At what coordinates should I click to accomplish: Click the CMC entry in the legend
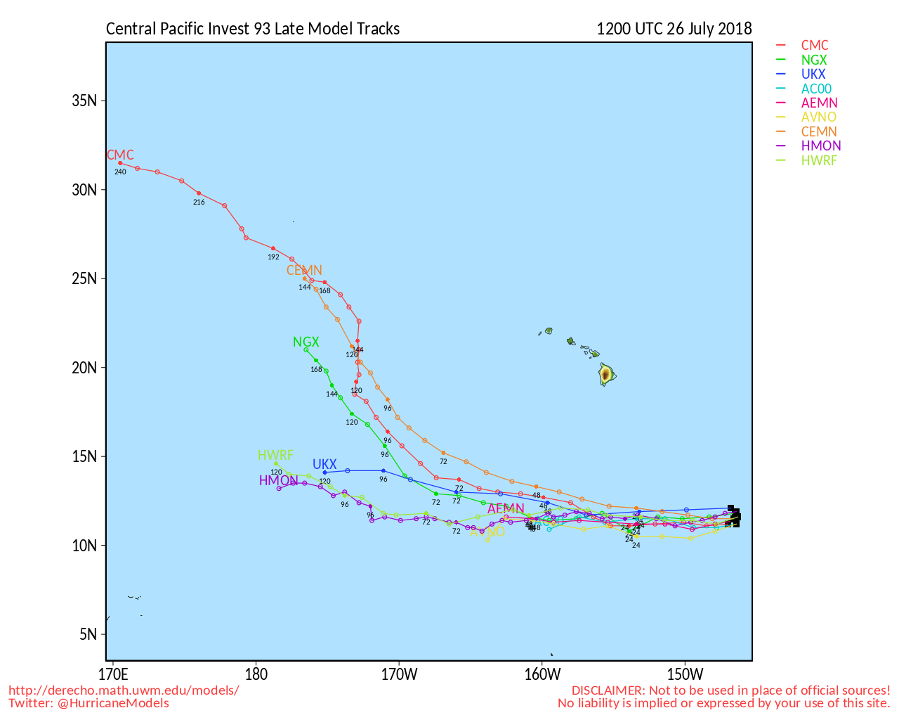coord(815,46)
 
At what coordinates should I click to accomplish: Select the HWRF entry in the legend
coord(819,161)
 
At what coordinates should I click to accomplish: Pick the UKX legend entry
coord(813,75)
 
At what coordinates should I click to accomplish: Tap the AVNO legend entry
coord(819,117)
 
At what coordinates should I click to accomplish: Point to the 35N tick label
coord(84,101)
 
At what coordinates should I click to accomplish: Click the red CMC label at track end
coord(120,155)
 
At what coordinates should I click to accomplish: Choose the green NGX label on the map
coord(306,342)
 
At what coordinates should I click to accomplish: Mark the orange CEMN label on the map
coord(304,271)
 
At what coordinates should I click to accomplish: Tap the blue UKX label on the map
coord(324,465)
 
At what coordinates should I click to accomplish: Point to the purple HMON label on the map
coord(278,481)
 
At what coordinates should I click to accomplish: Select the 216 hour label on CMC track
coord(199,202)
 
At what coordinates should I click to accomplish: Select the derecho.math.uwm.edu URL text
coord(124,690)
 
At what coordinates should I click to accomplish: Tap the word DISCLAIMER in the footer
coord(608,690)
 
